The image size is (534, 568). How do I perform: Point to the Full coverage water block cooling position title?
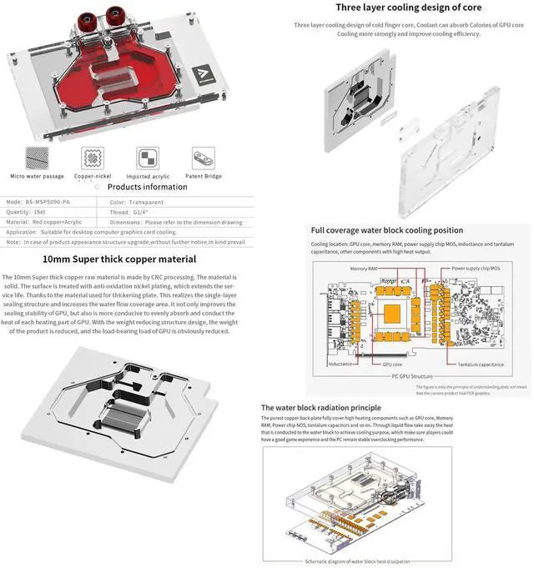(x=387, y=230)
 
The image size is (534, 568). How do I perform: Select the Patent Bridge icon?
(x=204, y=158)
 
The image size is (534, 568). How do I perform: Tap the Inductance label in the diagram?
(x=340, y=364)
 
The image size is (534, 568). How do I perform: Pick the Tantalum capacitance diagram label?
(x=479, y=364)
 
